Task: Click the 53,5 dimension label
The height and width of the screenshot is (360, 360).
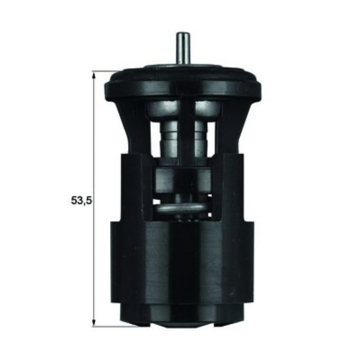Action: (81, 200)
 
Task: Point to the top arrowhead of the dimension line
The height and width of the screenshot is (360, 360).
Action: (94, 75)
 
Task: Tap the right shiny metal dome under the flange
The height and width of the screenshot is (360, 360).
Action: (208, 110)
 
